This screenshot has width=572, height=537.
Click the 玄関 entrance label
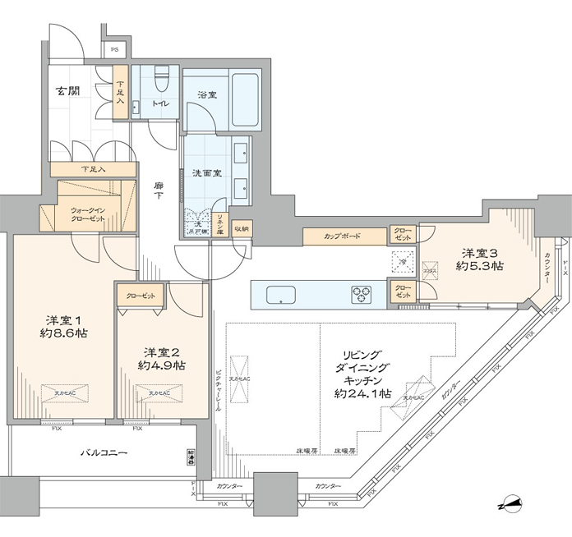68,90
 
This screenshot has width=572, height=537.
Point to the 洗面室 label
206,174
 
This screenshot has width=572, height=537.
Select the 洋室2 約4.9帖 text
161,358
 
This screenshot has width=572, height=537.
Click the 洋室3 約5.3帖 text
482,259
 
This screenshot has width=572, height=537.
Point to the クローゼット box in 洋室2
141,295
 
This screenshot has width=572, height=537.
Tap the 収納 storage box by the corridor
242,229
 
